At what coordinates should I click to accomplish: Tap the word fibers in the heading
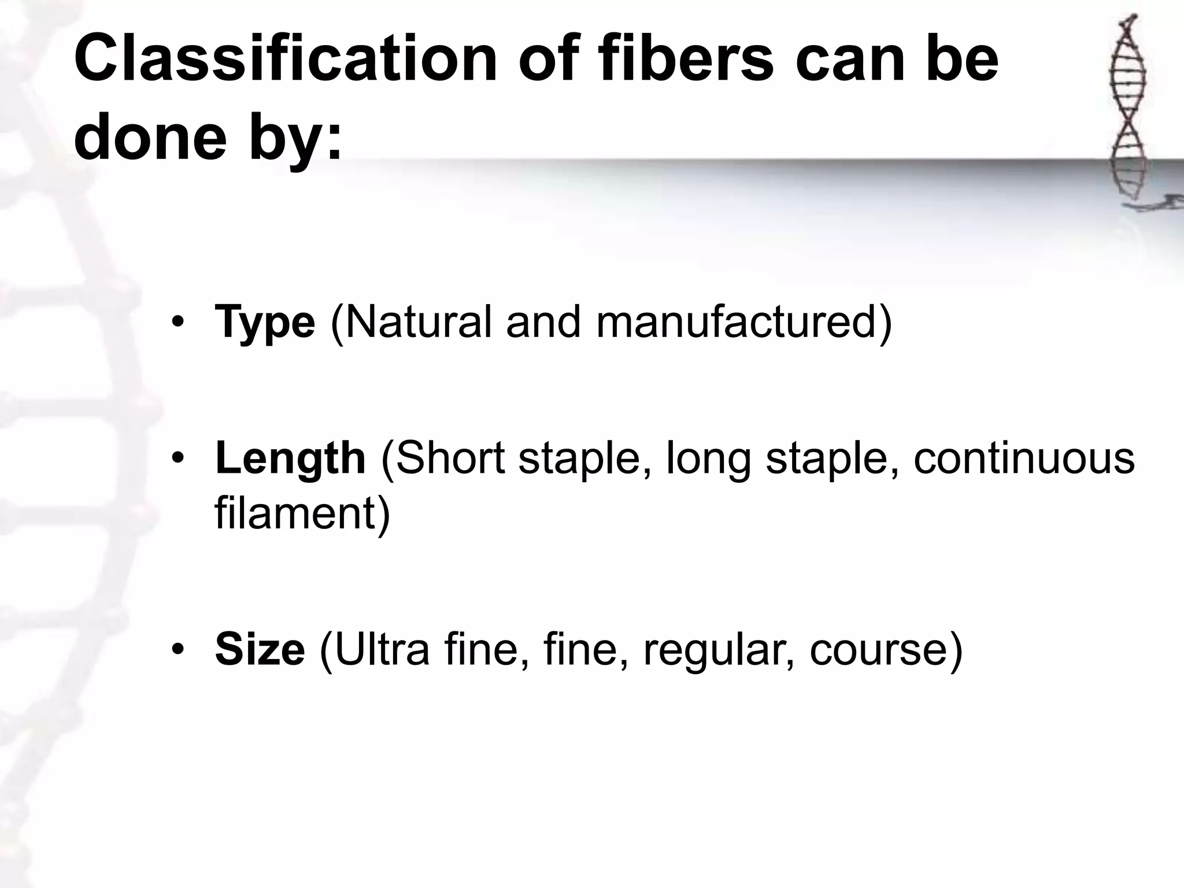(x=686, y=60)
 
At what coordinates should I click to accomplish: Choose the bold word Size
(x=260, y=649)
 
